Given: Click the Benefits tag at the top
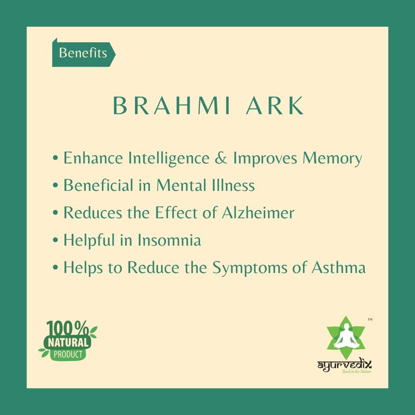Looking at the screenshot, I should pos(83,53).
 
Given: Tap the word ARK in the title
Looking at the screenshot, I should pos(281,106).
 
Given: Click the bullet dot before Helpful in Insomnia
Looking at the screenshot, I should pos(56,241).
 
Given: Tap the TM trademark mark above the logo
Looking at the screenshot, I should pos(370,320).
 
